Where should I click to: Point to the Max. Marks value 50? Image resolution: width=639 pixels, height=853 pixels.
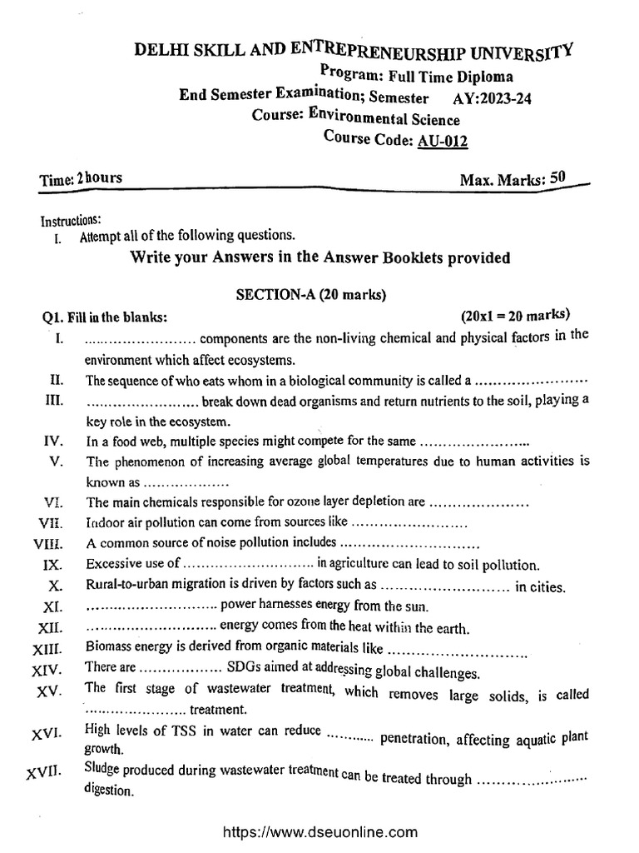point(557,177)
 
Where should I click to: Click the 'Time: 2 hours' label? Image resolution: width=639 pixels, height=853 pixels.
point(82,178)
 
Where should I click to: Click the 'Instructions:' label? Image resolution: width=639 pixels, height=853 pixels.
point(71,221)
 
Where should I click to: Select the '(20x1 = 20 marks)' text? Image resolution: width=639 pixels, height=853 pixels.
point(514,315)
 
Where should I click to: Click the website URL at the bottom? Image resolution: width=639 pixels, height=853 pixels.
point(319,831)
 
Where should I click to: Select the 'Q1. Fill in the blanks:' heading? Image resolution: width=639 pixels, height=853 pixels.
point(106,317)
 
